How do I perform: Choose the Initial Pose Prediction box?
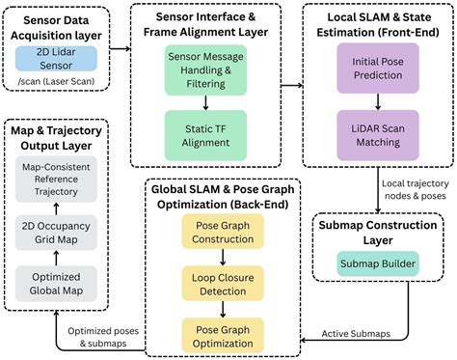click(377, 71)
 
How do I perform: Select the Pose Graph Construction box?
click(223, 231)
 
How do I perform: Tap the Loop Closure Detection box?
click(223, 281)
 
